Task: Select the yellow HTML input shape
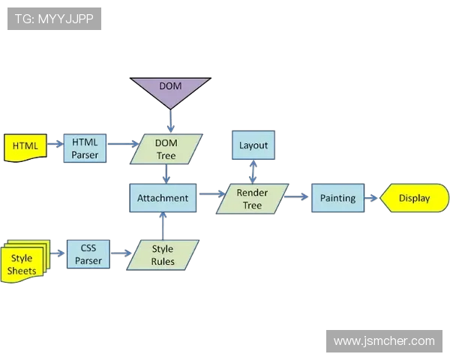(x=25, y=146)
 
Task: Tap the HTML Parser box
(x=85, y=148)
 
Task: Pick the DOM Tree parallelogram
(x=166, y=149)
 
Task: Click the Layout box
(x=253, y=145)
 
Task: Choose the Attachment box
(x=163, y=198)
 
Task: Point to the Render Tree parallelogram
(x=252, y=199)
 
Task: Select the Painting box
(x=337, y=198)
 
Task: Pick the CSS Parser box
(x=88, y=255)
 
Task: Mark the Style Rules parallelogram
(x=163, y=255)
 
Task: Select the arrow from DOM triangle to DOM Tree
(x=170, y=120)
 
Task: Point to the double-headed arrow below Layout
(x=253, y=172)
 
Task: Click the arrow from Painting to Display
(x=372, y=199)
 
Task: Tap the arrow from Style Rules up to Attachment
(x=163, y=226)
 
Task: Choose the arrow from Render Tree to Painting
(x=298, y=197)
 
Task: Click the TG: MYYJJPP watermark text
(x=54, y=19)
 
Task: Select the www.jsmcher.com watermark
(x=383, y=340)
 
